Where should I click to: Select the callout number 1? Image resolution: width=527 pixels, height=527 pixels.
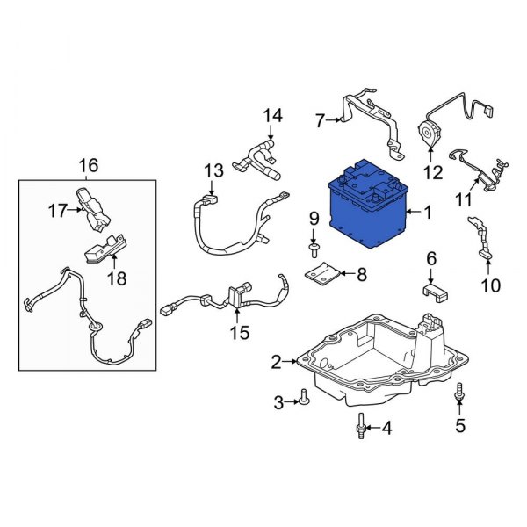428,213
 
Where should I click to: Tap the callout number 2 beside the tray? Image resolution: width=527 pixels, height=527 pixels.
276,362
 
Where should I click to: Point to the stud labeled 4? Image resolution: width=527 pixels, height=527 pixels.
360,428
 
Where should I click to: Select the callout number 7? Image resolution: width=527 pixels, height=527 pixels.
321,120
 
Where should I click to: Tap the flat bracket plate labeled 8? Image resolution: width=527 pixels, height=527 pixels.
322,275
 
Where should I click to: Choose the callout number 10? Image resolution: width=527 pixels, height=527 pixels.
489,285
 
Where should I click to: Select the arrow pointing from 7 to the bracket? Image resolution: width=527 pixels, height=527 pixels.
335,120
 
